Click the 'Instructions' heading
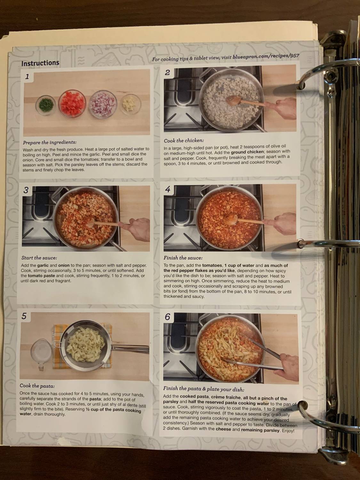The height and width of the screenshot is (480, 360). pyautogui.click(x=40, y=63)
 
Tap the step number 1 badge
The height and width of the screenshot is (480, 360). pyautogui.click(x=27, y=76)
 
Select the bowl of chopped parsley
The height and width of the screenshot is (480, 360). pyautogui.click(x=45, y=105)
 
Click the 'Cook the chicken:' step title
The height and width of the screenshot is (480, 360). pyautogui.click(x=184, y=140)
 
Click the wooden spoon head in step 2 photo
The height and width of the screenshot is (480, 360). pyautogui.click(x=233, y=101)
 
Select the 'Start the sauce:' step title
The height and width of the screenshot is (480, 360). pyautogui.click(x=39, y=258)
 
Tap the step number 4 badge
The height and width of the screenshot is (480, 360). pyautogui.click(x=168, y=190)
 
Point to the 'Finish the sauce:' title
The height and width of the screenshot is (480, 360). pyautogui.click(x=183, y=258)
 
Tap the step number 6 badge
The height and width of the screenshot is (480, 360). pyautogui.click(x=168, y=317)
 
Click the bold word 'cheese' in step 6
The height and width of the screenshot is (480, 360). pyautogui.click(x=223, y=429)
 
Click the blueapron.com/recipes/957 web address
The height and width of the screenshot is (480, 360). pyautogui.click(x=266, y=56)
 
